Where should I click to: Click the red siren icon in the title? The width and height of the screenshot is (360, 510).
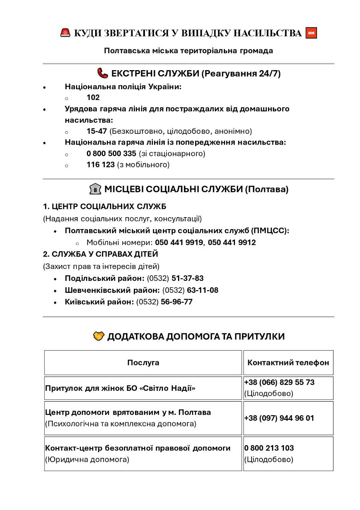tap(65, 33)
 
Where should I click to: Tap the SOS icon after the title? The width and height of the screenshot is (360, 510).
tap(311, 33)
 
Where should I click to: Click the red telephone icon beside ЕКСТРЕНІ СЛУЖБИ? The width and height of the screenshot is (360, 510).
tap(103, 73)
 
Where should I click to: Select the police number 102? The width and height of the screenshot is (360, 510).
tap(93, 98)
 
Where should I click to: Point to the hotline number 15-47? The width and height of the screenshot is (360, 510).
tap(97, 131)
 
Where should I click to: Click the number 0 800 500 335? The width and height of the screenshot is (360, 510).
tap(112, 153)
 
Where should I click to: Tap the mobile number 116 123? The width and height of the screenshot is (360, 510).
tap(101, 165)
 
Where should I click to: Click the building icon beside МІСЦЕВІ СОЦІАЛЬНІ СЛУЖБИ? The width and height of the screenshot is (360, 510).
tap(96, 189)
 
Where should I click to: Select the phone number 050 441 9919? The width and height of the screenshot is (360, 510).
tap(179, 242)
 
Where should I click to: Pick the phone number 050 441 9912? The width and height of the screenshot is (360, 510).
tap(232, 242)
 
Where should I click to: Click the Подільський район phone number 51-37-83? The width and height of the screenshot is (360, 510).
tap(188, 279)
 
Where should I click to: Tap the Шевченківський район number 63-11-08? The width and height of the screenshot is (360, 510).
tap(203, 290)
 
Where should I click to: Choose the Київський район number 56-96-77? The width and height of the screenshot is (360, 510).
tap(177, 302)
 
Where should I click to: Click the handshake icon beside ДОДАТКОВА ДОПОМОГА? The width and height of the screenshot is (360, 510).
tap(99, 337)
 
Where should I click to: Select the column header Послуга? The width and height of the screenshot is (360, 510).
tap(143, 363)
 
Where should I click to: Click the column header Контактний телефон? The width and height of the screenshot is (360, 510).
tap(288, 363)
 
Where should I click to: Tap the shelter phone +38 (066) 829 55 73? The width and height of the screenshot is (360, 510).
tap(279, 382)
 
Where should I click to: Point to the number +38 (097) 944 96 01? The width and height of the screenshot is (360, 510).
tap(279, 418)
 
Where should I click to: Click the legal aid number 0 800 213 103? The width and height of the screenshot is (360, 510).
tap(269, 448)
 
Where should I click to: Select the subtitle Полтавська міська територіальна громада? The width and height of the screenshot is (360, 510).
tap(189, 51)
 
